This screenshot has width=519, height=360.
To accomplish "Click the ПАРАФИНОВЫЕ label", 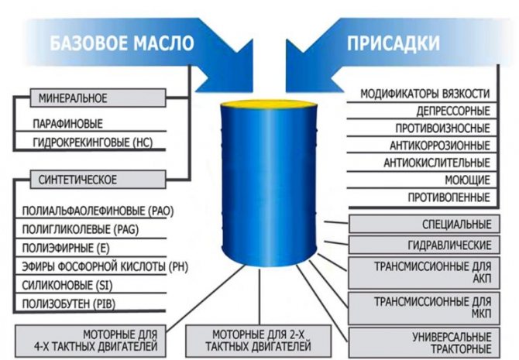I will (67, 123).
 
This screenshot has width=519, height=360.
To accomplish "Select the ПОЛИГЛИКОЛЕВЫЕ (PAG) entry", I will (70, 229).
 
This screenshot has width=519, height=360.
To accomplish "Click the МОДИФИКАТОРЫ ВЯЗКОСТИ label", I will (425, 94).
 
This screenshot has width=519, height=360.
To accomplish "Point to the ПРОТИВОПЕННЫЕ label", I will (449, 197).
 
